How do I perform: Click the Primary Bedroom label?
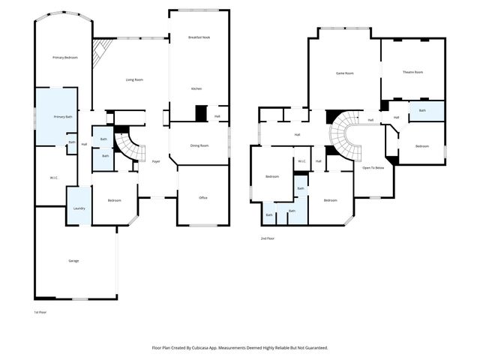point(64,58)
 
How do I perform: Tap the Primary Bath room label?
point(63,117)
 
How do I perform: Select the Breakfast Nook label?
point(199,37)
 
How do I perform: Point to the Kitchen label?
point(196,88)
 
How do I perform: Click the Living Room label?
point(134,79)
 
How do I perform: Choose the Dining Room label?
point(199,145)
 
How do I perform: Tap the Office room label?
point(202,197)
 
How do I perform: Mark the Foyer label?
point(156,161)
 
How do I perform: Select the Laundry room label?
point(79,209)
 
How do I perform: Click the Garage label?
point(73,261)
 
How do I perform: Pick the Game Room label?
point(344,73)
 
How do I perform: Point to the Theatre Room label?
point(412,72)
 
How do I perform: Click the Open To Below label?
point(373,168)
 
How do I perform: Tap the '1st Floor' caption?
point(40,312)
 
